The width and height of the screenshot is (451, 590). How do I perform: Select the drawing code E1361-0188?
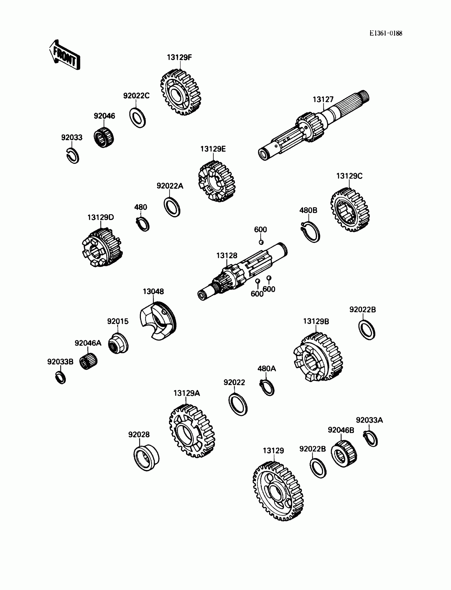point(385,33)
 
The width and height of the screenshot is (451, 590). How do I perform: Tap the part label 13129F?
point(179,58)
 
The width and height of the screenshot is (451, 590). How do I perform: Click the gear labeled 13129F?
point(181,93)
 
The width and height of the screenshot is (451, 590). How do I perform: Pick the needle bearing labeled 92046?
point(104,137)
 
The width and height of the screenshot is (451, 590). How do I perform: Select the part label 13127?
point(323,99)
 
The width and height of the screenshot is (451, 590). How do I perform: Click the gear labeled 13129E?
point(217,181)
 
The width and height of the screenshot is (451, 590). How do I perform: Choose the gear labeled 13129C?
point(350,210)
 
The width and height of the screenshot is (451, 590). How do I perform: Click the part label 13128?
point(227,255)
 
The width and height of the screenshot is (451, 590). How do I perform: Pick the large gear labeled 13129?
point(278,492)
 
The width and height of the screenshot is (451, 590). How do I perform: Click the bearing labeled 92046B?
point(344,454)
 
